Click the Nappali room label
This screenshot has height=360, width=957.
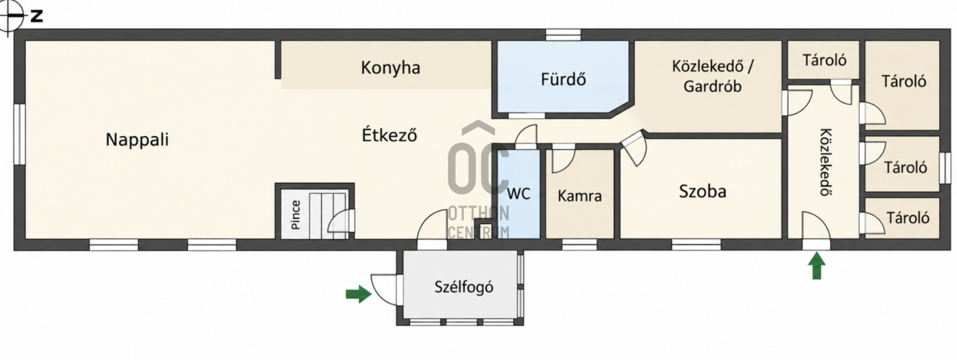[137, 140]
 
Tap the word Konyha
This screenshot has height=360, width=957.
[390, 68]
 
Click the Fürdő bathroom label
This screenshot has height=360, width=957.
[563, 79]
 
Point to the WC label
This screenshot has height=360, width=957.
[518, 194]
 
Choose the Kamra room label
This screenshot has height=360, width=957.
[580, 196]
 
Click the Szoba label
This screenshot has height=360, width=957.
[702, 192]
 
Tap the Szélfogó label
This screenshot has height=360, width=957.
[464, 287]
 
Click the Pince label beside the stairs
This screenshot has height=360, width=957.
[296, 215]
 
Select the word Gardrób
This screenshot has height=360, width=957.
[712, 86]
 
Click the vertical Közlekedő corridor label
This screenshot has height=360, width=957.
[826, 162]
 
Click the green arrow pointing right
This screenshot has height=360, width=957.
[359, 294]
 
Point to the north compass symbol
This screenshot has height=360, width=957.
[10, 16]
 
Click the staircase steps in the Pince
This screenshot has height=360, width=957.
[327, 215]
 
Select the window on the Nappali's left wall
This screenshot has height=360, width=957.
[19, 134]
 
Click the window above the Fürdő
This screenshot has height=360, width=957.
[564, 35]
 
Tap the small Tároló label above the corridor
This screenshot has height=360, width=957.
[824, 60]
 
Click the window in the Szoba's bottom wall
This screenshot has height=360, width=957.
[696, 245]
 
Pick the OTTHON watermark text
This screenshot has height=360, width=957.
[478, 213]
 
